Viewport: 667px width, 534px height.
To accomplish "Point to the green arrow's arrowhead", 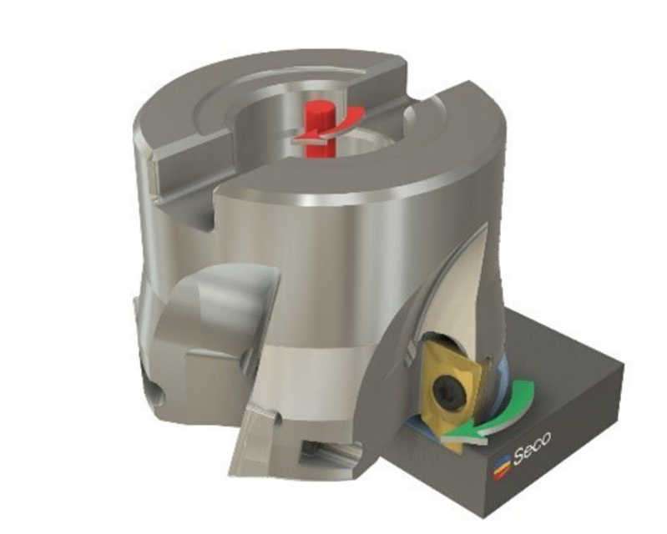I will point(456,432).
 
